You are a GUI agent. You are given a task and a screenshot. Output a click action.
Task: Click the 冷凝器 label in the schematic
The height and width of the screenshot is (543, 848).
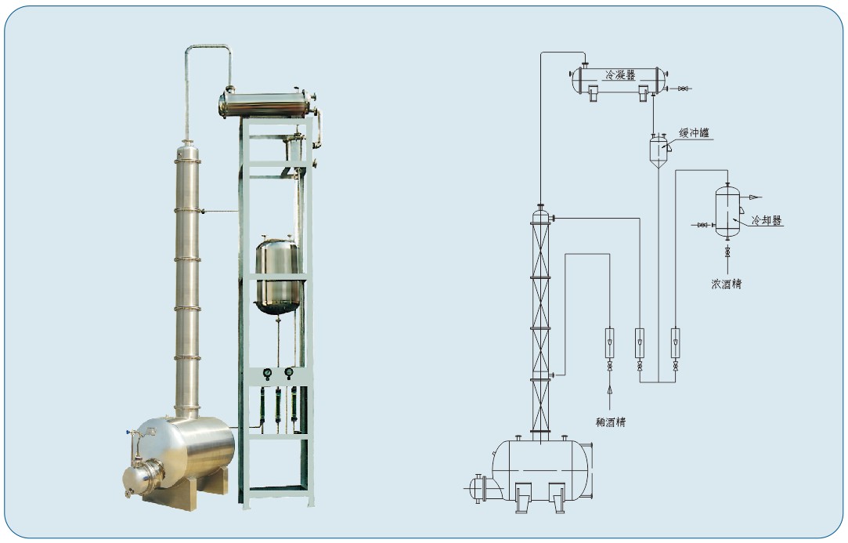620,75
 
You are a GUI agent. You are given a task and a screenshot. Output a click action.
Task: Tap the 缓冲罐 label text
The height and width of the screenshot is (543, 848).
694,132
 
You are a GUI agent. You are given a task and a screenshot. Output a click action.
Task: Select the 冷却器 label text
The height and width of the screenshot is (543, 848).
767,220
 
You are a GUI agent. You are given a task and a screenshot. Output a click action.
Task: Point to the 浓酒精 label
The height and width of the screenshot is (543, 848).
727,284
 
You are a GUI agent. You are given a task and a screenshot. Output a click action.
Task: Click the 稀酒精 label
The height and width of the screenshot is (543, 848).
611,422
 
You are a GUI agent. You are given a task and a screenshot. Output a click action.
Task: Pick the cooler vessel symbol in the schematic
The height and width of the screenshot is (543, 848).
727,212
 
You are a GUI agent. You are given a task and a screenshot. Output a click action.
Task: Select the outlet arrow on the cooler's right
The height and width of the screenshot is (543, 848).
755,197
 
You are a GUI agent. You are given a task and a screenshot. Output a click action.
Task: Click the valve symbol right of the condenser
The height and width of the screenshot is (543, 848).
683,89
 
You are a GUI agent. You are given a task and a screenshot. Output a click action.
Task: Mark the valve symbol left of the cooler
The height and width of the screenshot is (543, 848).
702,224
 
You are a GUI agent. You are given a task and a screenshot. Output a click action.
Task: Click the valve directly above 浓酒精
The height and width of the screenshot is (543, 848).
727,252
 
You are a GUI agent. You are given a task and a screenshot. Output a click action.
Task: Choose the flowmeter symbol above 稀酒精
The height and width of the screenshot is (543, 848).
610,342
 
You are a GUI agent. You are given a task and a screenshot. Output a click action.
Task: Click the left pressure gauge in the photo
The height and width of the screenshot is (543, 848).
267,373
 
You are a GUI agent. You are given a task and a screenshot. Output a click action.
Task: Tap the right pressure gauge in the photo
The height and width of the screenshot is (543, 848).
289,372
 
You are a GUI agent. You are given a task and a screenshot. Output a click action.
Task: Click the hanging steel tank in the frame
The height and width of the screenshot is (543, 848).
277,276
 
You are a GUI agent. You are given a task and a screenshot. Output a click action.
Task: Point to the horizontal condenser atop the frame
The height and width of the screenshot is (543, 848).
267,103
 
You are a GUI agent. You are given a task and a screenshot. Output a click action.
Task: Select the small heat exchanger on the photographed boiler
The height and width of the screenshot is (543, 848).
143,476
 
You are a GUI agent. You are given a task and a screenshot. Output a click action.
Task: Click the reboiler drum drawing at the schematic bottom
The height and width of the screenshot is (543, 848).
541,470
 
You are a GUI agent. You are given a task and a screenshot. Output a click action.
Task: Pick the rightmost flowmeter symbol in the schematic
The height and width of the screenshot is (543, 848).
675,342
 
